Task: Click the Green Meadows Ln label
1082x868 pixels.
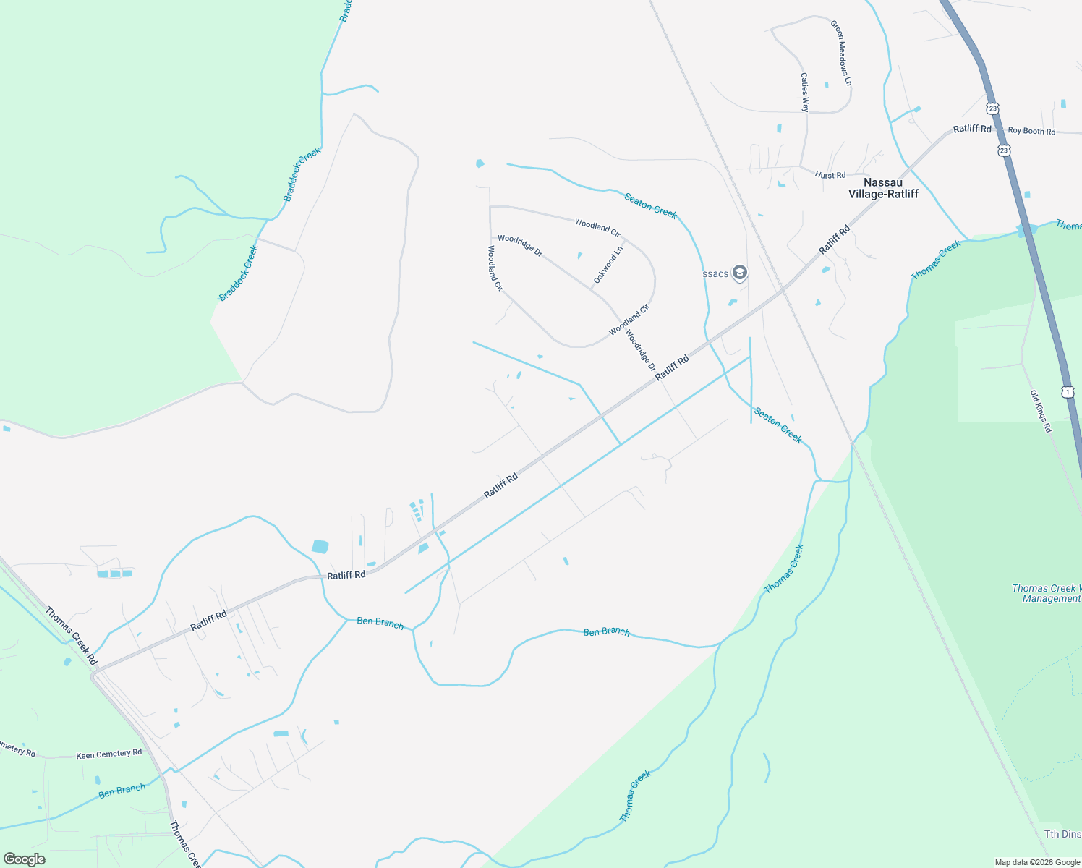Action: pos(840,54)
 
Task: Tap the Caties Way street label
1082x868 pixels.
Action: pos(804,92)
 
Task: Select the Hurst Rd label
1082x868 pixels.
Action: pos(830,175)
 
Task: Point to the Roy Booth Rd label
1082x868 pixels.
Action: pos(1031,131)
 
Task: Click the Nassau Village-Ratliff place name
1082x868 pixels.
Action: pos(882,188)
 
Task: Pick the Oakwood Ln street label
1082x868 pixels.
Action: pos(608,265)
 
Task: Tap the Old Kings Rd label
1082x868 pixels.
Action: pos(1041,411)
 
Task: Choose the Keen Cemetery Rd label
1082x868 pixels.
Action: pos(109,754)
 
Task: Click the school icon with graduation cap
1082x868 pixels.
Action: pos(739,273)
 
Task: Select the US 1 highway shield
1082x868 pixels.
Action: pos(1068,391)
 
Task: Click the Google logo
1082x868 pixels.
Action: pos(25,859)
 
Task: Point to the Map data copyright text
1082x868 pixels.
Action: pos(1036,862)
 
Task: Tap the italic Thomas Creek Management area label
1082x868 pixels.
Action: pos(1046,593)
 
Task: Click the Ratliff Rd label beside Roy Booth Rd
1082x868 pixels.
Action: pos(971,129)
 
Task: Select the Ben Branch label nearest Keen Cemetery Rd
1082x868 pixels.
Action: pos(122,790)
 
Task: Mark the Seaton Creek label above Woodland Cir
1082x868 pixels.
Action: pos(650,205)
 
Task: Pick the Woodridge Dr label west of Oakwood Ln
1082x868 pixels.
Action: pos(519,245)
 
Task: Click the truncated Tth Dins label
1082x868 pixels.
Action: pos(1062,834)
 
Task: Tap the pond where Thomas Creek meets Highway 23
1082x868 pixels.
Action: pos(1027,230)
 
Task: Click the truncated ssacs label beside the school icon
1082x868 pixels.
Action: pos(715,273)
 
